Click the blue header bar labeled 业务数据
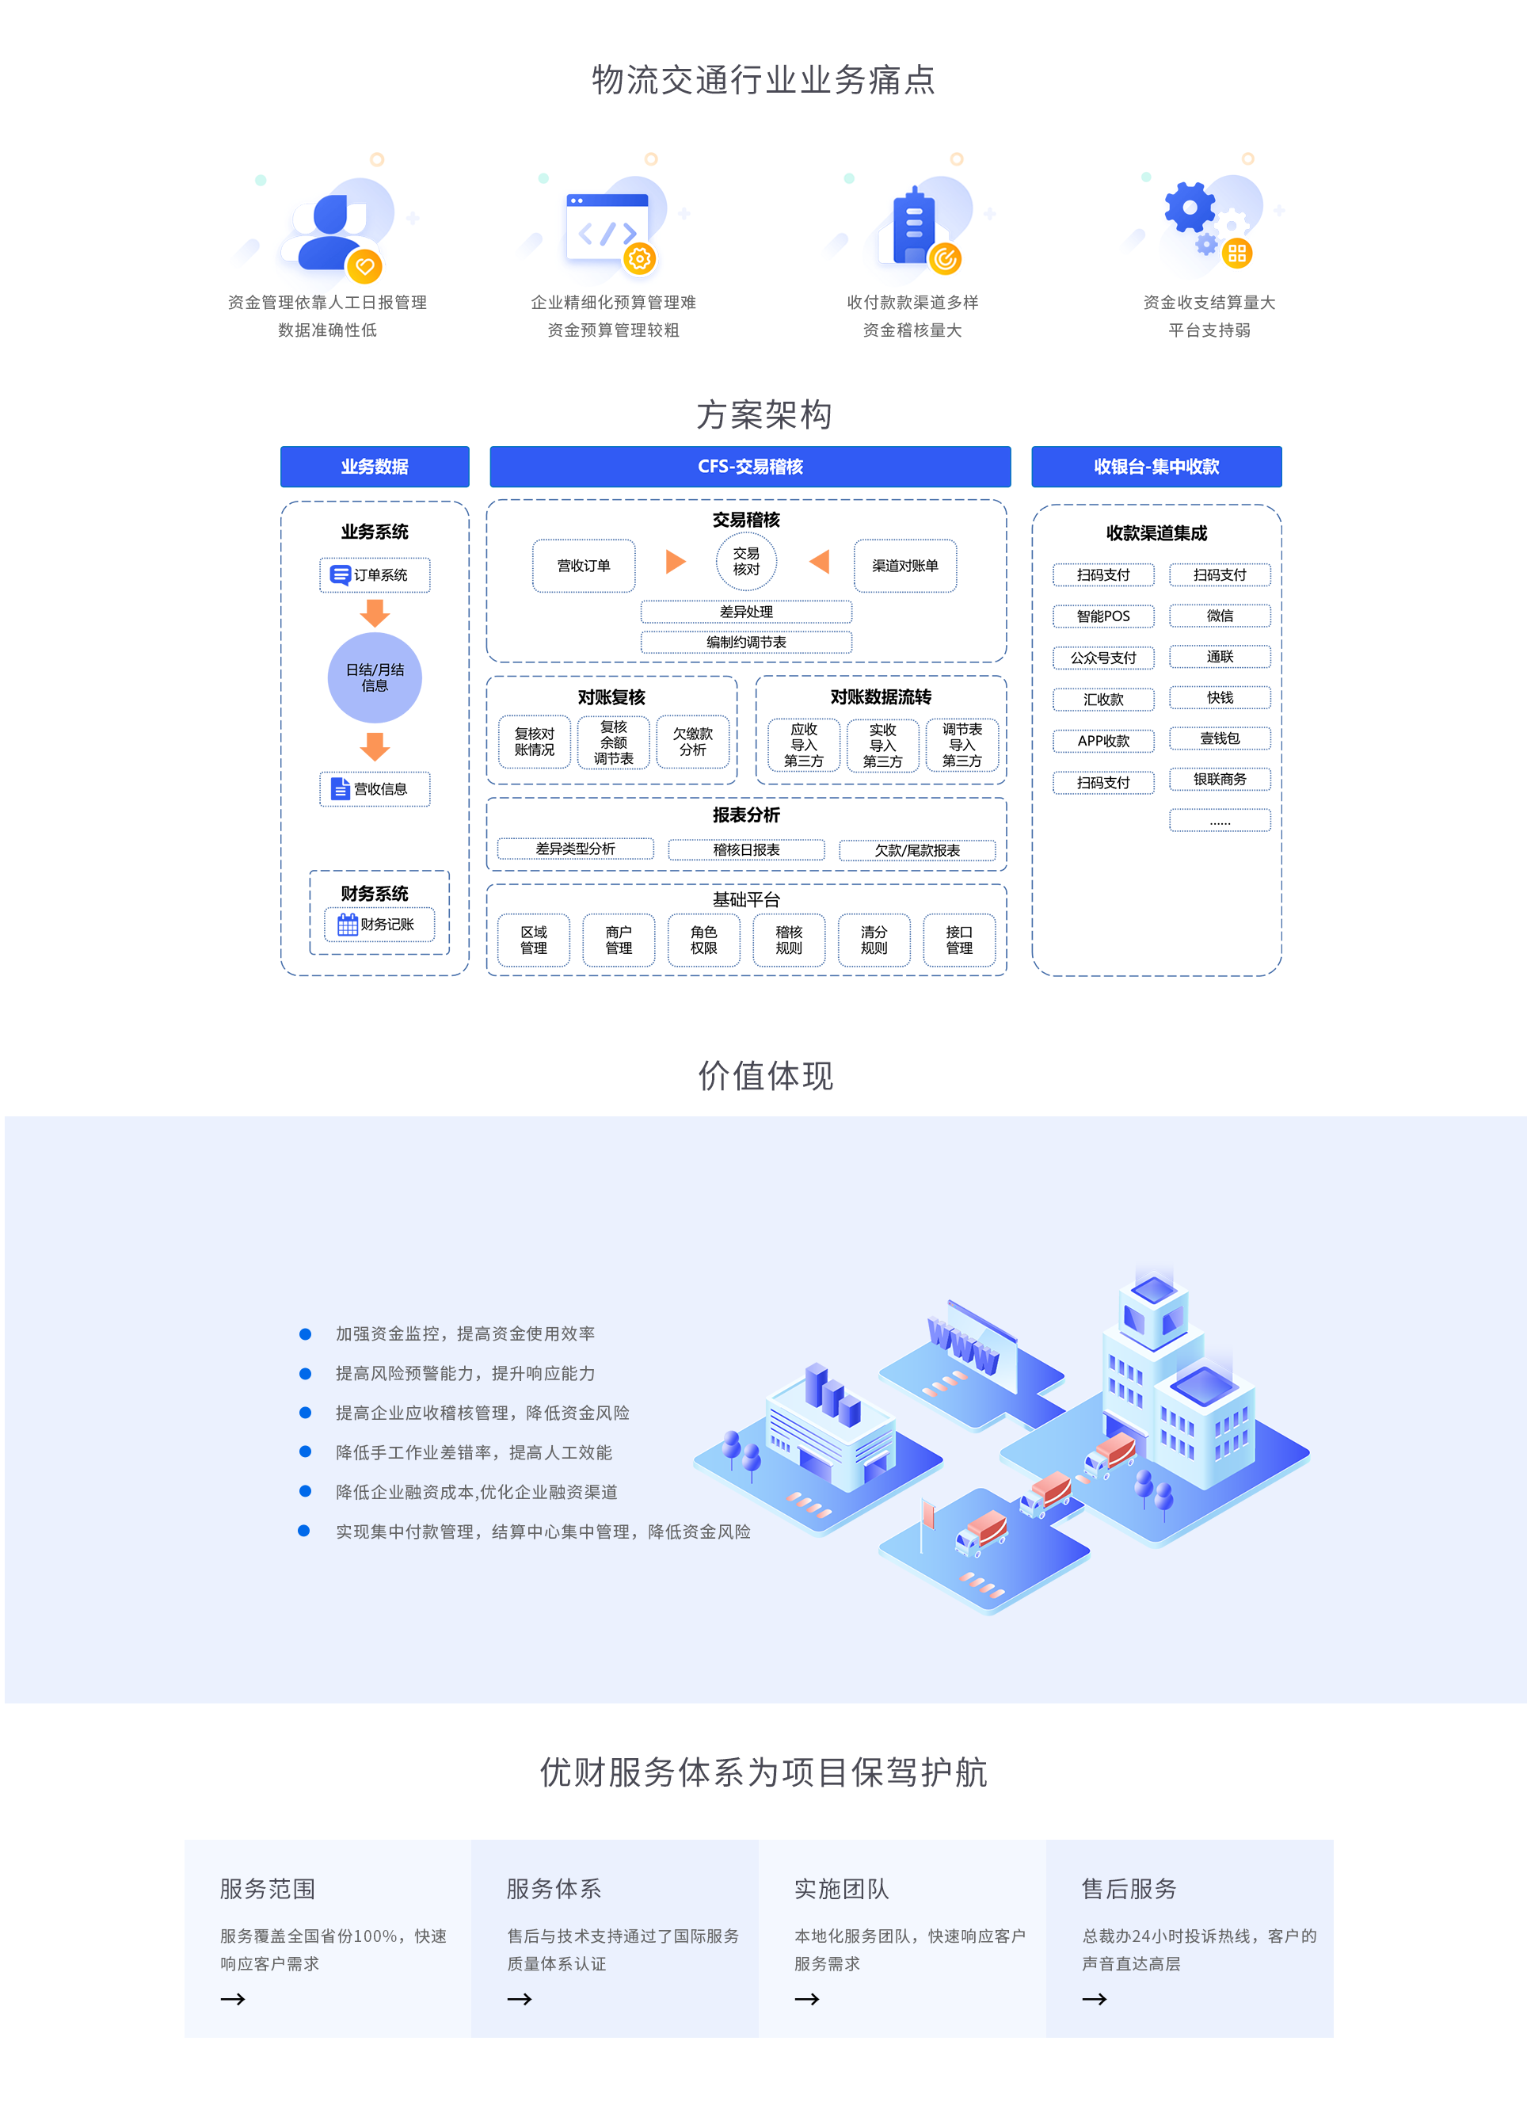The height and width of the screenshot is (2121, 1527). [374, 467]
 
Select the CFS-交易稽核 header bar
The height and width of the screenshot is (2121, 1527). [750, 467]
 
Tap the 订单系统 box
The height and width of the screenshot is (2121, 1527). [375, 575]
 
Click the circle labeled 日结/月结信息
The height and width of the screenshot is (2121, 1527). [375, 678]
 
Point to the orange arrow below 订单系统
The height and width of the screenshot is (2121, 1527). [375, 613]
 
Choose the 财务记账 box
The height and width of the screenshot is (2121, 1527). [379, 924]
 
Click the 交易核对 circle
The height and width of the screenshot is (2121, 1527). [746, 562]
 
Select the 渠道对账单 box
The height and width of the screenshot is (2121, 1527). [905, 566]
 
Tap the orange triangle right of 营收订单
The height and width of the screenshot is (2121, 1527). [675, 562]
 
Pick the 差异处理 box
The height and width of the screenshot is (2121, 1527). [746, 612]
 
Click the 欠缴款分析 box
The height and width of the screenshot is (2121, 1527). [693, 742]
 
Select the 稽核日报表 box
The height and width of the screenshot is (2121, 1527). [746, 850]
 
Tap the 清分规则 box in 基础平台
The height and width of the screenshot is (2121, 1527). [874, 940]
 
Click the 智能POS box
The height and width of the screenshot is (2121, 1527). [1103, 616]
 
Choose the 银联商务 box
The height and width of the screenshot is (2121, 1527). [1220, 779]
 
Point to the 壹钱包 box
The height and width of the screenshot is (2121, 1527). [1220, 738]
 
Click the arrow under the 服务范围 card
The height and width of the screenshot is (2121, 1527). [233, 2000]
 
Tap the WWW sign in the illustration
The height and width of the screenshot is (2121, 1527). [963, 1345]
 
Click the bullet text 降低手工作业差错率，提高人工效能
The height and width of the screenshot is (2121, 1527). [474, 1452]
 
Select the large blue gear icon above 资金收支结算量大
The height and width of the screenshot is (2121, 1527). [1190, 207]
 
